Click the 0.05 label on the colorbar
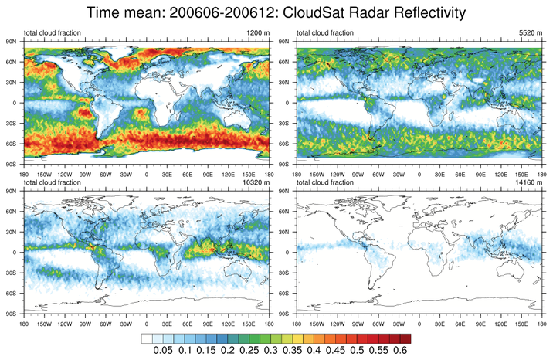coord(161,351)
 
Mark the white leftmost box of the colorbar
coord(147,338)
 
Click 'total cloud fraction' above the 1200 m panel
coord(53,33)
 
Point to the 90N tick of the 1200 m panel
coord(12,40)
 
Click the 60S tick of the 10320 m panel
coord(12,294)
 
